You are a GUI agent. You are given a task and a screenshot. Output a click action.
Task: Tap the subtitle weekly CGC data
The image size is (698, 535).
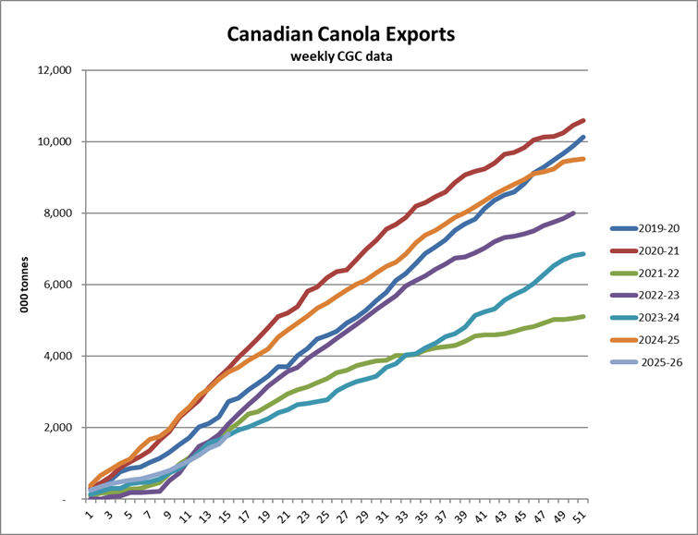pos(342,57)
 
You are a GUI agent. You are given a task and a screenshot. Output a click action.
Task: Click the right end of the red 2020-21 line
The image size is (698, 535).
pos(582,120)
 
